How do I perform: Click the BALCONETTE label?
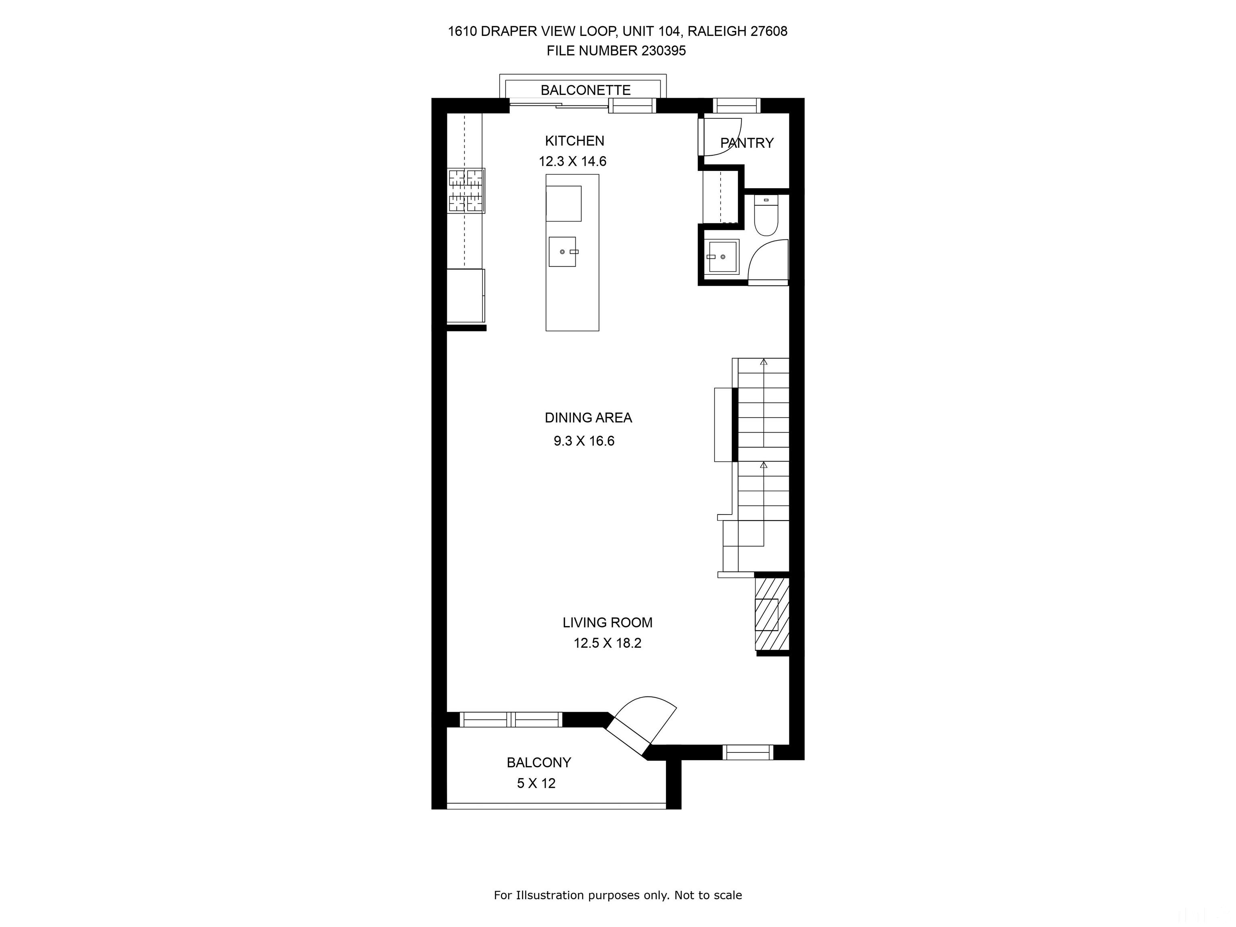(x=585, y=90)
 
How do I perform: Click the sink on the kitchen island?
(x=562, y=252)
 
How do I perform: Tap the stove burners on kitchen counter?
(x=466, y=191)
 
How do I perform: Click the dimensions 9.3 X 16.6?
(x=584, y=441)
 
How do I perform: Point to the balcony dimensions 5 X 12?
(x=536, y=783)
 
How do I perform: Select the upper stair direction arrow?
(x=763, y=363)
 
